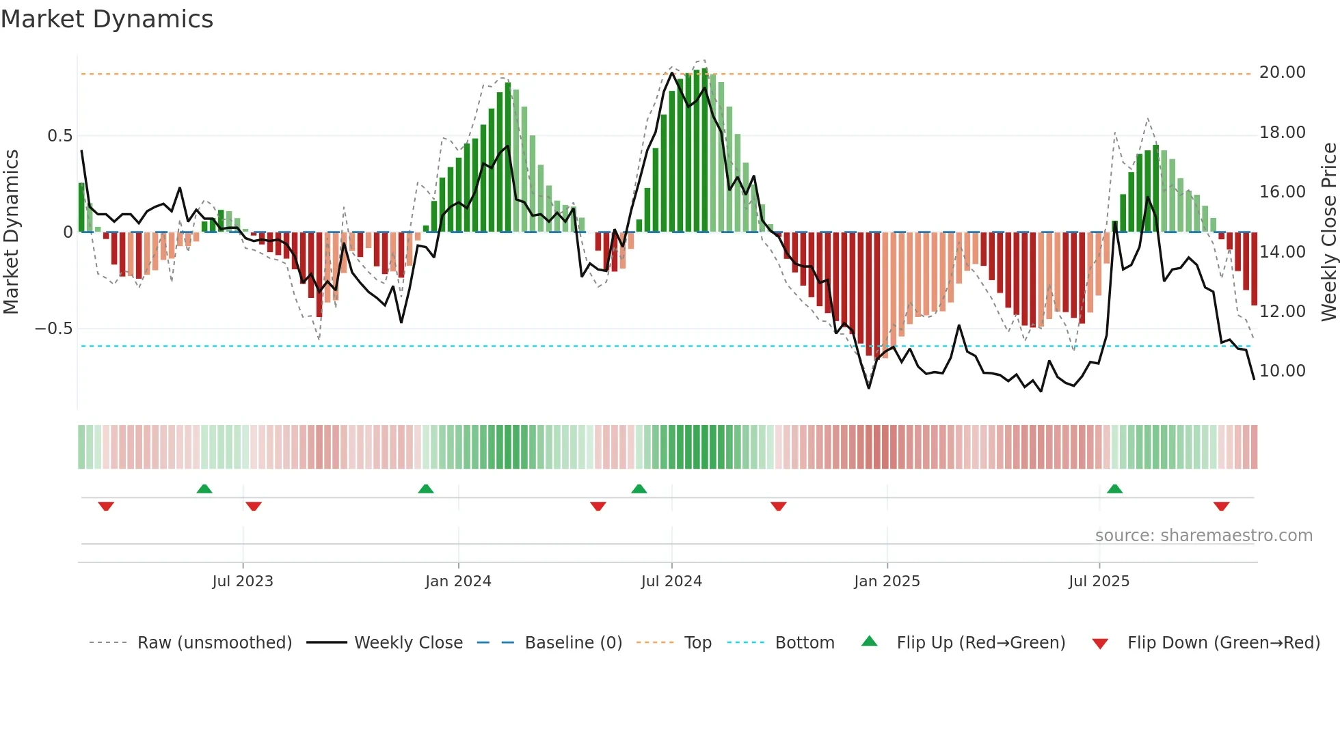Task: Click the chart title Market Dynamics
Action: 107,19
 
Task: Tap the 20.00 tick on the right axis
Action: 1282,72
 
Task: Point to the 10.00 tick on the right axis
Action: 1282,371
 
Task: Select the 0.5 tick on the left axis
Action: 59,136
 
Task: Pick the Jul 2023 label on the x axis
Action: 243,581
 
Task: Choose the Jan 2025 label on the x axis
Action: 887,581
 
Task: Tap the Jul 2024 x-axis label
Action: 671,581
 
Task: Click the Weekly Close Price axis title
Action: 1328,232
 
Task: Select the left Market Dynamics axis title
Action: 11,232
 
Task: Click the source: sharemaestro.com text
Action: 1203,536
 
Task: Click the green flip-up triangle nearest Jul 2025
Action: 1114,489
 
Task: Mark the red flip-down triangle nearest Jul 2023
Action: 254,506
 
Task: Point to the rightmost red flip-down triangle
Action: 1221,506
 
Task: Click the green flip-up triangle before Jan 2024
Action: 426,489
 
